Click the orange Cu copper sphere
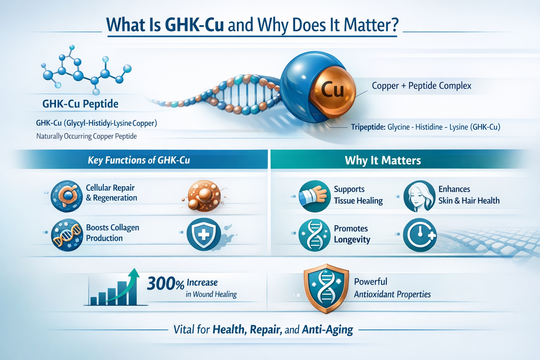[x=332, y=90]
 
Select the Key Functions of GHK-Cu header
[x=139, y=160]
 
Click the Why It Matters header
[x=383, y=160]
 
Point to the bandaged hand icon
[x=314, y=196]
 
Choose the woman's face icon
[x=419, y=196]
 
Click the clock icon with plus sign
[x=420, y=235]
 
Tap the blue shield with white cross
[x=204, y=234]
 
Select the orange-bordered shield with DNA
[x=326, y=288]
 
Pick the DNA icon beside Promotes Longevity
[x=314, y=235]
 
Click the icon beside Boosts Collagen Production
[x=67, y=234]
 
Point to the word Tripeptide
[x=368, y=127]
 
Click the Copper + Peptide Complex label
[x=421, y=86]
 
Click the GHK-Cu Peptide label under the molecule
[x=80, y=104]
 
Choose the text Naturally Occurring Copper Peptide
[x=86, y=136]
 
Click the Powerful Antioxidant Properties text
[x=392, y=288]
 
